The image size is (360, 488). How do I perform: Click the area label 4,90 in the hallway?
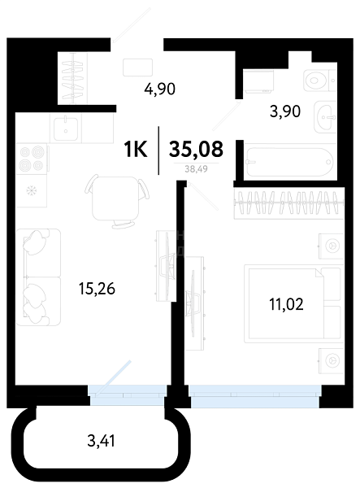(x=160, y=89)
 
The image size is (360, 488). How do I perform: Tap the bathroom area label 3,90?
(x=285, y=111)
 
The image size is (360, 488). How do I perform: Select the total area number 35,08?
(x=196, y=149)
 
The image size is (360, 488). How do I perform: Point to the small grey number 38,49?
(x=196, y=169)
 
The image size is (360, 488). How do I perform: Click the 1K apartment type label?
(x=136, y=149)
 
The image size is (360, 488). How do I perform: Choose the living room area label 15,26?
(x=97, y=289)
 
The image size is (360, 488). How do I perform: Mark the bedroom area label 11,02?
(x=286, y=304)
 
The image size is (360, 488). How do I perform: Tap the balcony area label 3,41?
(x=102, y=441)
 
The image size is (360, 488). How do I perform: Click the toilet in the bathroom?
(x=319, y=81)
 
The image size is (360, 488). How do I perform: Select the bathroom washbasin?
(x=325, y=117)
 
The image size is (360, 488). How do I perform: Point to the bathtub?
(x=290, y=162)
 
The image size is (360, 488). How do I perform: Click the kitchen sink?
(x=66, y=128)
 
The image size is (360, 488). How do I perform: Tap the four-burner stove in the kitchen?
(x=32, y=159)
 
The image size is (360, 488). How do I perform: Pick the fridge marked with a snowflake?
(x=32, y=190)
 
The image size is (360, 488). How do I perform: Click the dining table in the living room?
(x=115, y=198)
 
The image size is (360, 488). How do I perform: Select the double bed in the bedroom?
(x=294, y=303)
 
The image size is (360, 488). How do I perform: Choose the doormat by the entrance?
(x=137, y=68)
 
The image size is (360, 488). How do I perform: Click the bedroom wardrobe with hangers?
(x=288, y=203)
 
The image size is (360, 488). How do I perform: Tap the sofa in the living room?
(x=38, y=277)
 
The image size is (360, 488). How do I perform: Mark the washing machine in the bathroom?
(x=258, y=82)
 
